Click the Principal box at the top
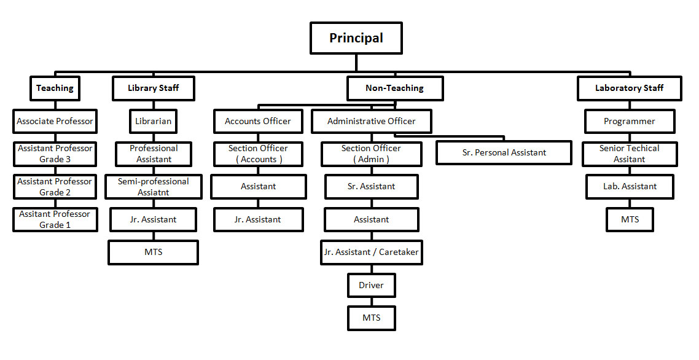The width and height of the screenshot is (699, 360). pyautogui.click(x=356, y=38)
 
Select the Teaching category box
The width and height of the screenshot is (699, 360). pyautogui.click(x=55, y=88)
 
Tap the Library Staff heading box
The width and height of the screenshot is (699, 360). pyautogui.click(x=153, y=88)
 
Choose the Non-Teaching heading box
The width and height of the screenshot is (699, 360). pyautogui.click(x=394, y=88)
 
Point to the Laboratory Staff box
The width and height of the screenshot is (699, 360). pyautogui.click(x=629, y=88)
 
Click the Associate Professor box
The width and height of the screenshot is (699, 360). pyautogui.click(x=55, y=122)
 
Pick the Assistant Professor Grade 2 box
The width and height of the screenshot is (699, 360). pyautogui.click(x=55, y=187)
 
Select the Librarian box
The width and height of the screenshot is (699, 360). pyautogui.click(x=153, y=122)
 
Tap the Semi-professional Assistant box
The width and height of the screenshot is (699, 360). pyautogui.click(x=153, y=187)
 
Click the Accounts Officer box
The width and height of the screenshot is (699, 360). pyautogui.click(x=258, y=122)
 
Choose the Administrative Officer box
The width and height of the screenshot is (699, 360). pyautogui.click(x=371, y=122)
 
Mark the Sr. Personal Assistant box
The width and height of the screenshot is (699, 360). pyautogui.click(x=504, y=153)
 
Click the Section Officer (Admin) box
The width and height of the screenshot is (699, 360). pyautogui.click(x=371, y=154)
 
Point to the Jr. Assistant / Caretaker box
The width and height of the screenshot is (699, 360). pyautogui.click(x=371, y=252)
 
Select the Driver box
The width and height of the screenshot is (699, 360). pyautogui.click(x=371, y=286)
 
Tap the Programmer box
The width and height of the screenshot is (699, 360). pyautogui.click(x=629, y=122)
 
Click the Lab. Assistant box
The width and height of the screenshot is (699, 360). pyautogui.click(x=629, y=187)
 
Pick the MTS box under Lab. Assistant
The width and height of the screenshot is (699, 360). pyautogui.click(x=629, y=220)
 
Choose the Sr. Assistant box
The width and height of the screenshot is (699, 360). pyautogui.click(x=371, y=187)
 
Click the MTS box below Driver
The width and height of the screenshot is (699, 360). pyautogui.click(x=371, y=318)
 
